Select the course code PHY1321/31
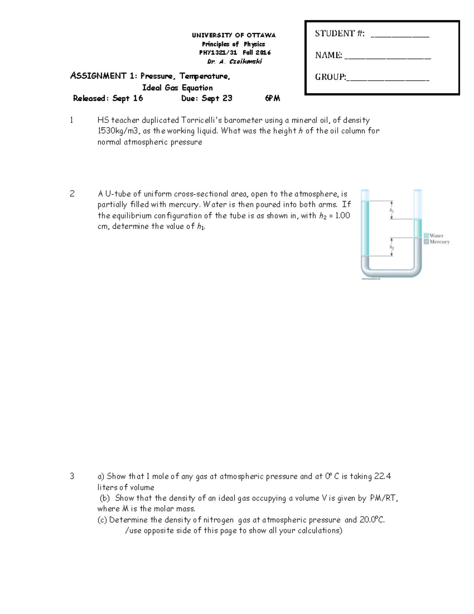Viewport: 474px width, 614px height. pos(218,53)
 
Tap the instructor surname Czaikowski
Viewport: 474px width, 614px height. pos(245,62)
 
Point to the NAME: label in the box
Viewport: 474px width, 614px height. pos(328,55)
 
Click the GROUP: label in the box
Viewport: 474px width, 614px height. pos(330,77)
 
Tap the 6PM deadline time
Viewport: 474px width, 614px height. pos(273,98)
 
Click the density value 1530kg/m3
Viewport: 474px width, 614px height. pos(118,131)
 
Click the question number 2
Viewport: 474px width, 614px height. pos(72,194)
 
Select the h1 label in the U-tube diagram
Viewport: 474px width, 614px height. pos(392,211)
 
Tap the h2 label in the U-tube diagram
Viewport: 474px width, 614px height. pos(392,247)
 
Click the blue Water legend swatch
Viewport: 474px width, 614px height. pos(426,236)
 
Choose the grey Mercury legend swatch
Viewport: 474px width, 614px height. pos(426,242)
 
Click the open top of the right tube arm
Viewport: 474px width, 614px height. pos(418,191)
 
